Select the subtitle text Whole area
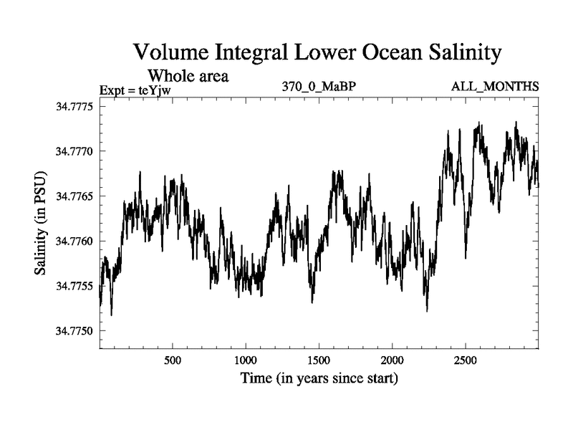coord(188,75)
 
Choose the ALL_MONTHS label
coord(495,87)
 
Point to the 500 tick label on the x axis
coord(172,360)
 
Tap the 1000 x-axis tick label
coord(245,360)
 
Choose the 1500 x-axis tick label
coord(319,360)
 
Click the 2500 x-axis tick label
coord(466,360)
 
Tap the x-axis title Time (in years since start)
coord(319,378)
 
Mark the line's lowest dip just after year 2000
coord(427,310)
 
